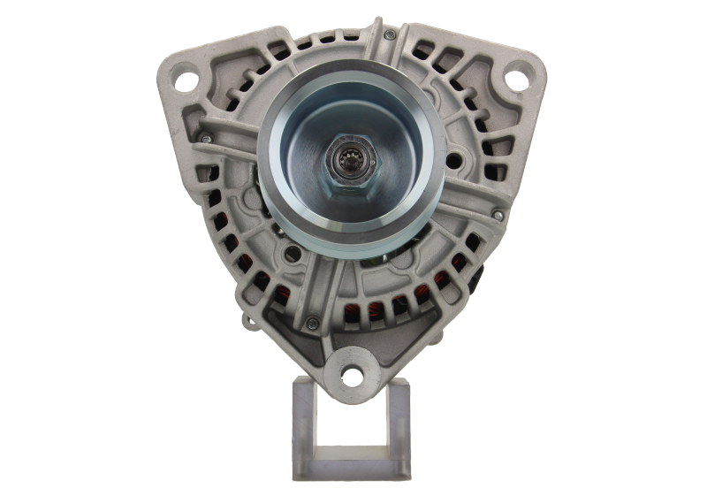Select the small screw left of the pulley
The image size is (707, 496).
(204, 138)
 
